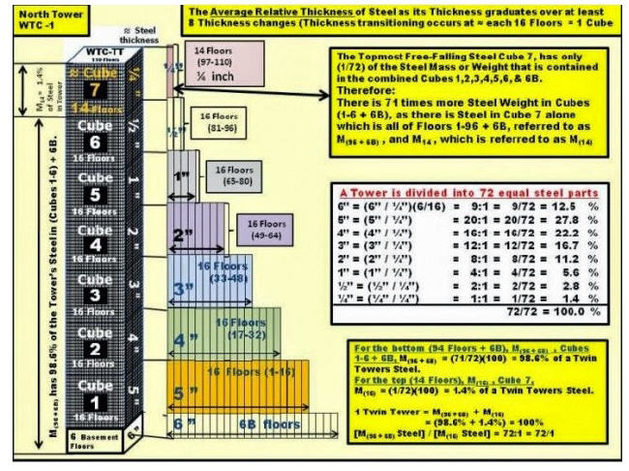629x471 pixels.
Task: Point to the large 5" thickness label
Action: pyautogui.click(x=186, y=392)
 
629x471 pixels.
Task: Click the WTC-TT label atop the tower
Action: pyautogui.click(x=96, y=47)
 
